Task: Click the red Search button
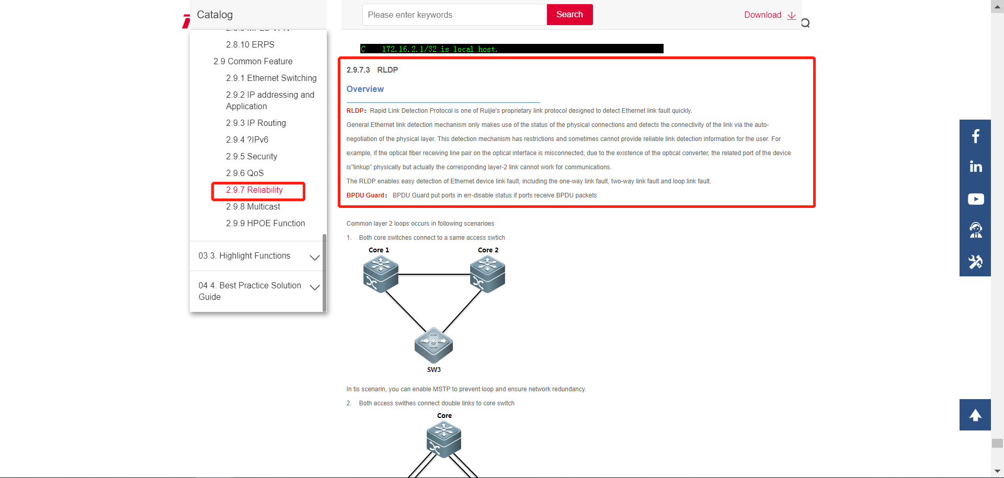point(569,15)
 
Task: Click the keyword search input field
point(454,15)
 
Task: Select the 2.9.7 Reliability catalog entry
point(255,190)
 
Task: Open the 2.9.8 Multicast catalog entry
point(253,207)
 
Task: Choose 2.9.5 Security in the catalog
point(252,157)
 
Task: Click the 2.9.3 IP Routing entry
point(256,123)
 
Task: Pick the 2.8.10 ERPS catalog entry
point(250,45)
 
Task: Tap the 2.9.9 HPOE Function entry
point(266,224)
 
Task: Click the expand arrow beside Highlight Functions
point(314,258)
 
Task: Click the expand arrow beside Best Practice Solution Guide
point(314,287)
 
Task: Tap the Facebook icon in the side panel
point(975,136)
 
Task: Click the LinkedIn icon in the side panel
point(976,167)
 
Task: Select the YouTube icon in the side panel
point(976,199)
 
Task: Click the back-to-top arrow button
point(975,415)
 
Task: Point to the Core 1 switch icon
point(381,275)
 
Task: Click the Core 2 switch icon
point(487,275)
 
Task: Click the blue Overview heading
point(365,89)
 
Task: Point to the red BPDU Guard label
point(366,195)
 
